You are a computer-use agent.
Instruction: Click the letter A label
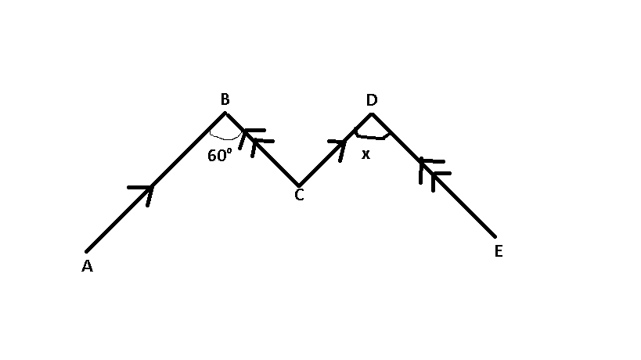[87, 266]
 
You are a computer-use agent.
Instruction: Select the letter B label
[225, 99]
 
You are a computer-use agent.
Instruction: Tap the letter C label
[299, 195]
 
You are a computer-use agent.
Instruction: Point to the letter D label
[372, 99]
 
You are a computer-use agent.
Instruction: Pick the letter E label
[499, 251]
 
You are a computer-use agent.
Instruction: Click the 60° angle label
[219, 155]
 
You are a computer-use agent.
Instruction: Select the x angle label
[366, 154]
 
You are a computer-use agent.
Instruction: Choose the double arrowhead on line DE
[434, 174]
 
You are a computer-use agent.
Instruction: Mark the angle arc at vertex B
[225, 138]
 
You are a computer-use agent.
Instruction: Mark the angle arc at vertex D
[372, 137]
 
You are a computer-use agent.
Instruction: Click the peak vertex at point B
[225, 113]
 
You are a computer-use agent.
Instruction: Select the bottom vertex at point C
[299, 186]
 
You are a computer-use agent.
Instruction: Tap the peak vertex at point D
[372, 114]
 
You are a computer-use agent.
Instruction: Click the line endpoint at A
[86, 252]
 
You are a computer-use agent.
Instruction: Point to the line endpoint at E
[495, 236]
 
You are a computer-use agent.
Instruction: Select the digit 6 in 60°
[212, 156]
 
